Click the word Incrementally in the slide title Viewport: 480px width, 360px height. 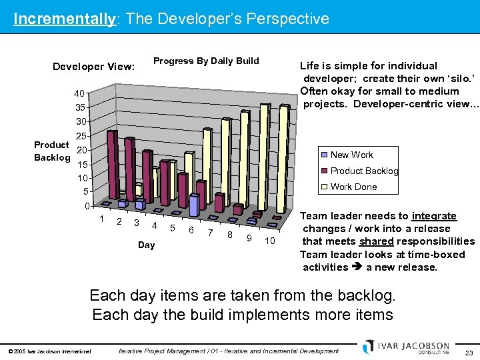tap(64, 19)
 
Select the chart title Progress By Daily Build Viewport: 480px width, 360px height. tap(206, 61)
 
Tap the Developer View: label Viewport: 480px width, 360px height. tap(93, 66)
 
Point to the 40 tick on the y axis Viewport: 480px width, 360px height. tap(80, 93)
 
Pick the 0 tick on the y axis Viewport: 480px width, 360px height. tap(87, 207)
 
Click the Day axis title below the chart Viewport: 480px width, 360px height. tap(146, 245)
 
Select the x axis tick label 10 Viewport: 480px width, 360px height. tap(269, 240)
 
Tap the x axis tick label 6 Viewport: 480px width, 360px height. tap(191, 230)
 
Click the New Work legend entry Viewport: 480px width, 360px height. tap(352, 155)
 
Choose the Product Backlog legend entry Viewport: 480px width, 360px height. tap(364, 171)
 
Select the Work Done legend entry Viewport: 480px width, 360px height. tap(353, 187)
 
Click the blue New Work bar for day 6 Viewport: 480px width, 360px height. tap(193, 205)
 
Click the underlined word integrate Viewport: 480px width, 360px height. tap(434, 216)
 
